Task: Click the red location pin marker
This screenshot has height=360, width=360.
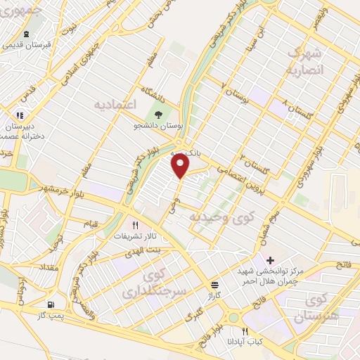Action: tap(181, 166)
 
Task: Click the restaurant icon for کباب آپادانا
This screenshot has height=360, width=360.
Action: tap(245, 331)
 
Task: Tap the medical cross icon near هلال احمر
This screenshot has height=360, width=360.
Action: tap(270, 260)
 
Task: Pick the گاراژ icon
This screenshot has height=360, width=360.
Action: tap(214, 285)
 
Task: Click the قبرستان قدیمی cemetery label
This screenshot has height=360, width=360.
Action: tap(30, 44)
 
